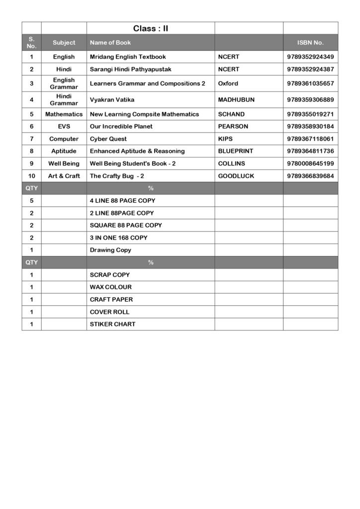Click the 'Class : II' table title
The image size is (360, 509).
click(150, 28)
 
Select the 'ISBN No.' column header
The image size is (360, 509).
click(310, 43)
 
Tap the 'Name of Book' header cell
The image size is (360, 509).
click(110, 43)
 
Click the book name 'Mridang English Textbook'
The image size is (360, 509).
click(128, 57)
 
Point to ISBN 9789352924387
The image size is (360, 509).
click(310, 69)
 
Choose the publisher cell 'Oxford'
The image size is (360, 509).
click(228, 84)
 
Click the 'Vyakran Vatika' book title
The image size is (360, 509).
click(112, 100)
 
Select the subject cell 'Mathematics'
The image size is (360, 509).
click(64, 114)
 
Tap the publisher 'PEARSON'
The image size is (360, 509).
click(233, 126)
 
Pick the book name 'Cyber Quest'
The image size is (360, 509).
click(108, 139)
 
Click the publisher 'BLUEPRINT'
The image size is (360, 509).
click(236, 151)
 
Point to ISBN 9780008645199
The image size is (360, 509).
click(310, 164)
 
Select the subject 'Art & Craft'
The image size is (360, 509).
click(64, 176)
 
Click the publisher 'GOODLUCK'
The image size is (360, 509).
click(236, 176)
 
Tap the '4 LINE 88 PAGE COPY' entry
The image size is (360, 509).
click(122, 201)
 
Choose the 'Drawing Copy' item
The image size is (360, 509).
click(110, 250)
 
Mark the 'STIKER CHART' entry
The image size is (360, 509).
click(112, 324)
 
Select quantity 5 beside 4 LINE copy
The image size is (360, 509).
click(31, 201)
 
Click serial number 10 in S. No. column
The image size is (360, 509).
click(31, 176)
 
